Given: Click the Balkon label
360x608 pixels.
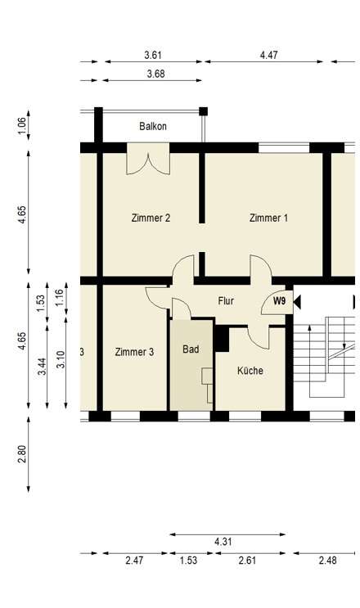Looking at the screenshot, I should (x=152, y=126).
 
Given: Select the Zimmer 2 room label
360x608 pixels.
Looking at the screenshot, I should (x=151, y=218).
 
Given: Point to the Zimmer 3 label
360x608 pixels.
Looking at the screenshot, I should (x=134, y=352).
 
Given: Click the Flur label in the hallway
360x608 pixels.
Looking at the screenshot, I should (x=226, y=301).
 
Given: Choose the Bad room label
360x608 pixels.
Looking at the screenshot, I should (x=191, y=349).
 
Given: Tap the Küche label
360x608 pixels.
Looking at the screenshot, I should (x=250, y=371).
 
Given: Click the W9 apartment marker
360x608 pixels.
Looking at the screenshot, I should (x=280, y=301).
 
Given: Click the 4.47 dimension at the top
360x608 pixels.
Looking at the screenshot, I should (x=269, y=56).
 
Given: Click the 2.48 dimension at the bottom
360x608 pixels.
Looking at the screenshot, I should (x=327, y=561).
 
